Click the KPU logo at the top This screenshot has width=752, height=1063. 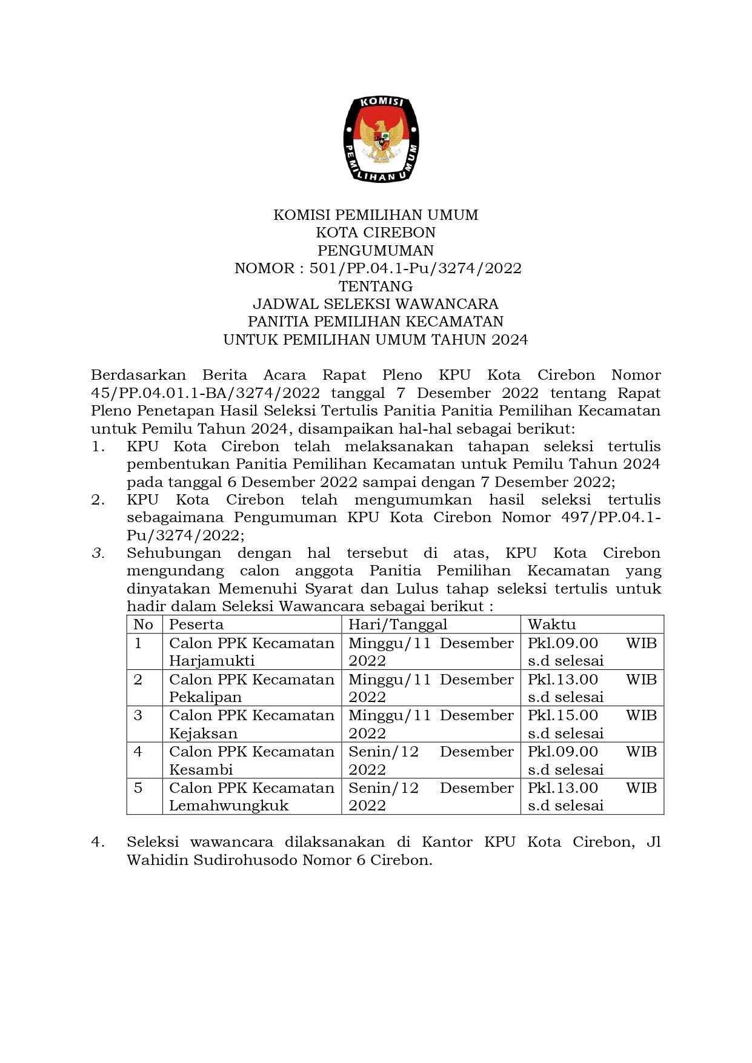click(x=381, y=139)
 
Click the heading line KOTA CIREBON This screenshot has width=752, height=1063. click(x=376, y=233)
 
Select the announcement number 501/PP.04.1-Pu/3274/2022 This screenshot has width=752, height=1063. click(x=415, y=268)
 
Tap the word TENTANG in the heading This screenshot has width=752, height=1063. click(x=376, y=286)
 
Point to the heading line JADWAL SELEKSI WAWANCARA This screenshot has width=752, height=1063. click(x=376, y=303)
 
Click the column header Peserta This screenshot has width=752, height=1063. click(x=196, y=624)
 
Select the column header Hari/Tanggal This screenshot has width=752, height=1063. click(x=398, y=624)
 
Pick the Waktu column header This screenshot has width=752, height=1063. click(x=551, y=624)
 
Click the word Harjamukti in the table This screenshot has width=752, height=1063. click(x=211, y=661)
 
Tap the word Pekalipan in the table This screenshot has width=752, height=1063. click(x=205, y=697)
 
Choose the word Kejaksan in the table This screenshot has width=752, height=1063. click(x=203, y=734)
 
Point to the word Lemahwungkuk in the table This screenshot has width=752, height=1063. click(x=228, y=806)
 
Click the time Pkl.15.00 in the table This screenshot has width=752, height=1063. click(x=563, y=715)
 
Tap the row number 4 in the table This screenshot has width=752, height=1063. click(x=138, y=752)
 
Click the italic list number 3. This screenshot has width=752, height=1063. click(x=98, y=553)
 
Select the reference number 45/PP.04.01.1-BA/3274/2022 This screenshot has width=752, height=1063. click(x=205, y=393)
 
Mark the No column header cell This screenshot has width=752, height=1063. click(x=144, y=624)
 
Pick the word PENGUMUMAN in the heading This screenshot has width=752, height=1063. click(x=376, y=251)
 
